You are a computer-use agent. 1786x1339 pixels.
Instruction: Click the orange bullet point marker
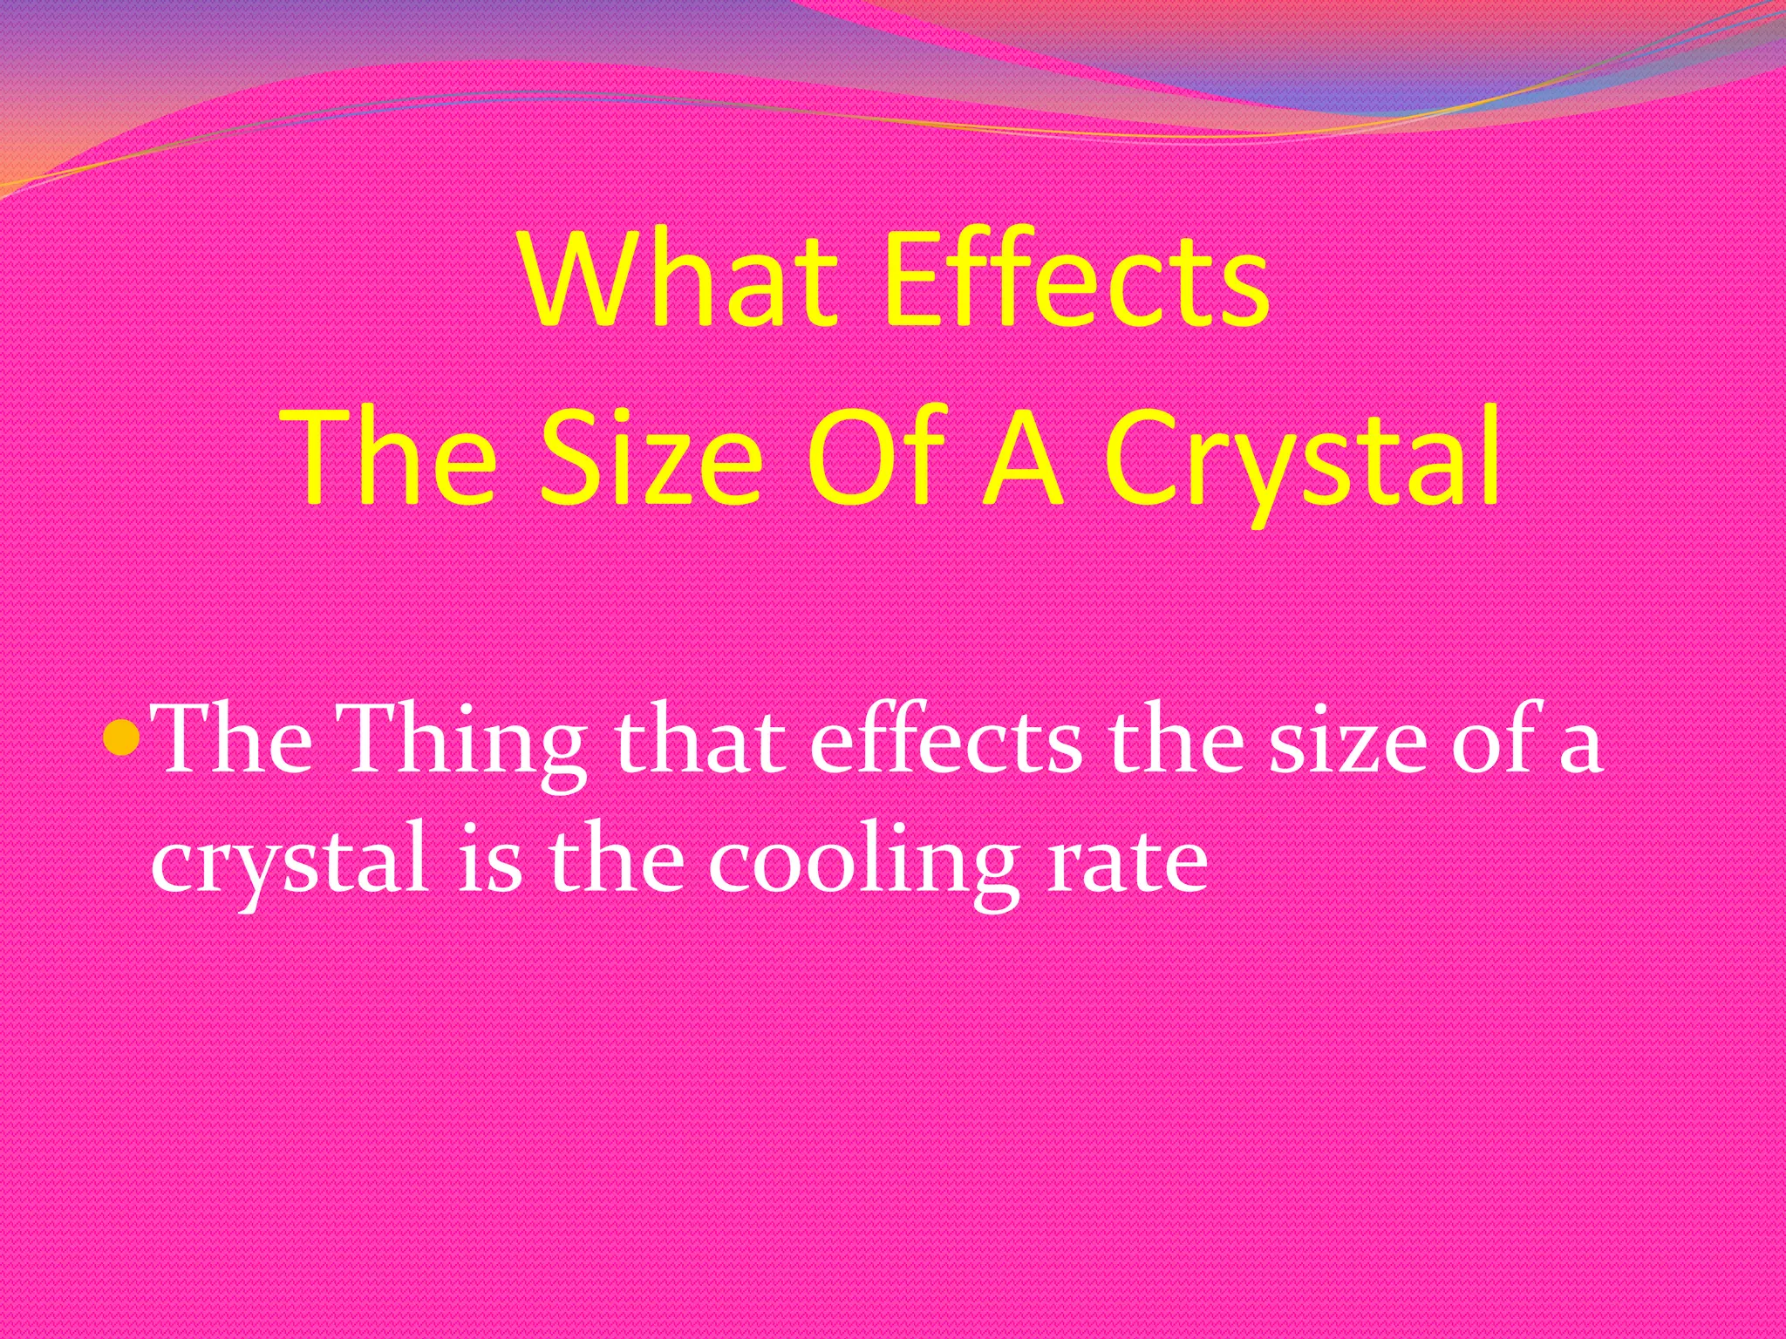120,739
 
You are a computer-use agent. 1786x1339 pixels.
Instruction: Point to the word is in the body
488,859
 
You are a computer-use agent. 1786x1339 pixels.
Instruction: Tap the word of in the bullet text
1492,739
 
